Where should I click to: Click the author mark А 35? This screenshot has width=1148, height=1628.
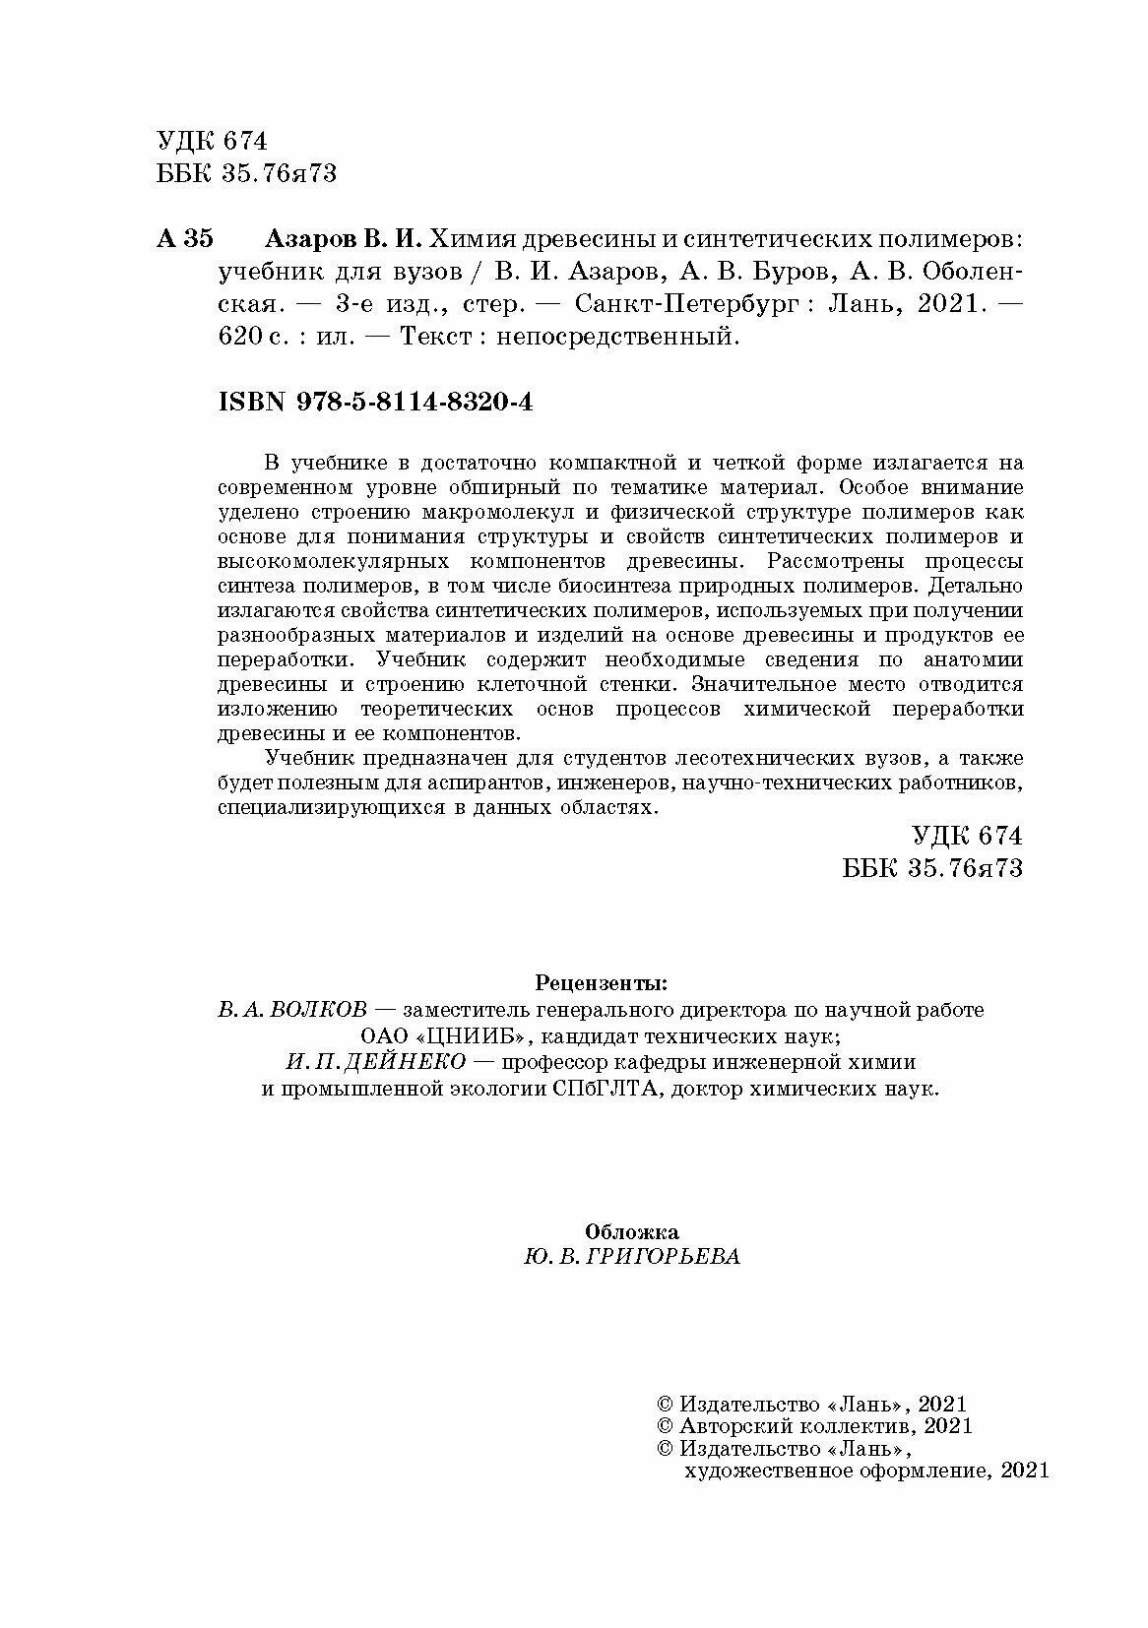pos(184,239)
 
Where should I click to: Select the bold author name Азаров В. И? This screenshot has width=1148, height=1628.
pos(345,239)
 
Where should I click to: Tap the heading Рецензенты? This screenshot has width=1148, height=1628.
pos(600,981)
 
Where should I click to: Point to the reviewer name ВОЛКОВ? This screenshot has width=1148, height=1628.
pos(316,1010)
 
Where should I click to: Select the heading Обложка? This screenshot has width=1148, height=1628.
pos(631,1231)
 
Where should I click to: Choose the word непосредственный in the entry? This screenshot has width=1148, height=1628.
pos(615,337)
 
